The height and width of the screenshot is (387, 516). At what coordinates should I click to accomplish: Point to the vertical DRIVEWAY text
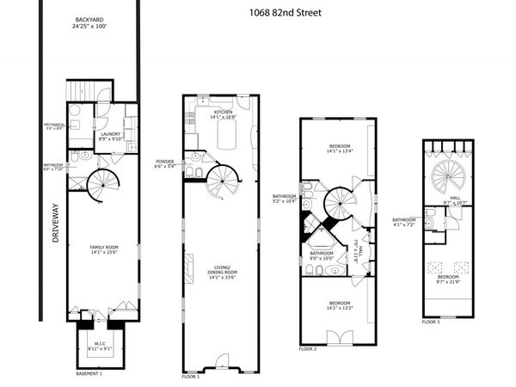[53, 224]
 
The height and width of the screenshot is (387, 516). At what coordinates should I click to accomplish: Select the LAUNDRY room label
[110, 135]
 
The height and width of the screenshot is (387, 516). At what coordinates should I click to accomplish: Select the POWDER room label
[164, 164]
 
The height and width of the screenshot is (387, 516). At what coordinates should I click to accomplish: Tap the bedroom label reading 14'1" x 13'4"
[335, 151]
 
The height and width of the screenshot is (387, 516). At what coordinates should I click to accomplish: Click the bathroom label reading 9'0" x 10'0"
[322, 255]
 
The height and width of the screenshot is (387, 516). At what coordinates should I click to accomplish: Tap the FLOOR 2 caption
[308, 349]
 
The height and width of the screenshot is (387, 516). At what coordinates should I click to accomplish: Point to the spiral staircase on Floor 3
[449, 174]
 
